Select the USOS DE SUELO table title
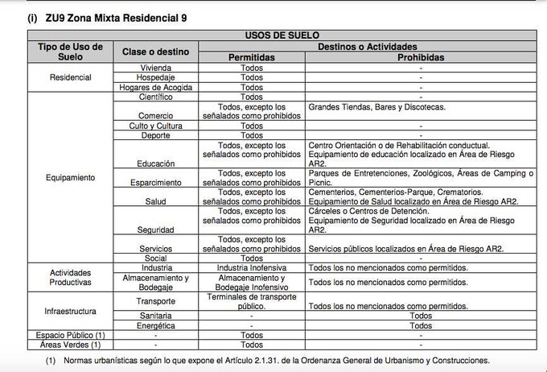coord(282,36)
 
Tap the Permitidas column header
coord(252,57)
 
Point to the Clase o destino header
coord(155,52)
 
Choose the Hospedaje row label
coord(155,77)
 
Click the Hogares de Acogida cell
coord(155,87)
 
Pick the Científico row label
coord(155,97)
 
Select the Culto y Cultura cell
coord(155,126)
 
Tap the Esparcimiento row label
coord(155,183)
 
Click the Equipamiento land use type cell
coord(71,177)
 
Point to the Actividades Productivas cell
coord(71,278)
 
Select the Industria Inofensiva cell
coord(252,267)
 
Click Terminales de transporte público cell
coord(252,302)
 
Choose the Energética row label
coord(155,325)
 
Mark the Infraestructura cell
coord(71,310)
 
